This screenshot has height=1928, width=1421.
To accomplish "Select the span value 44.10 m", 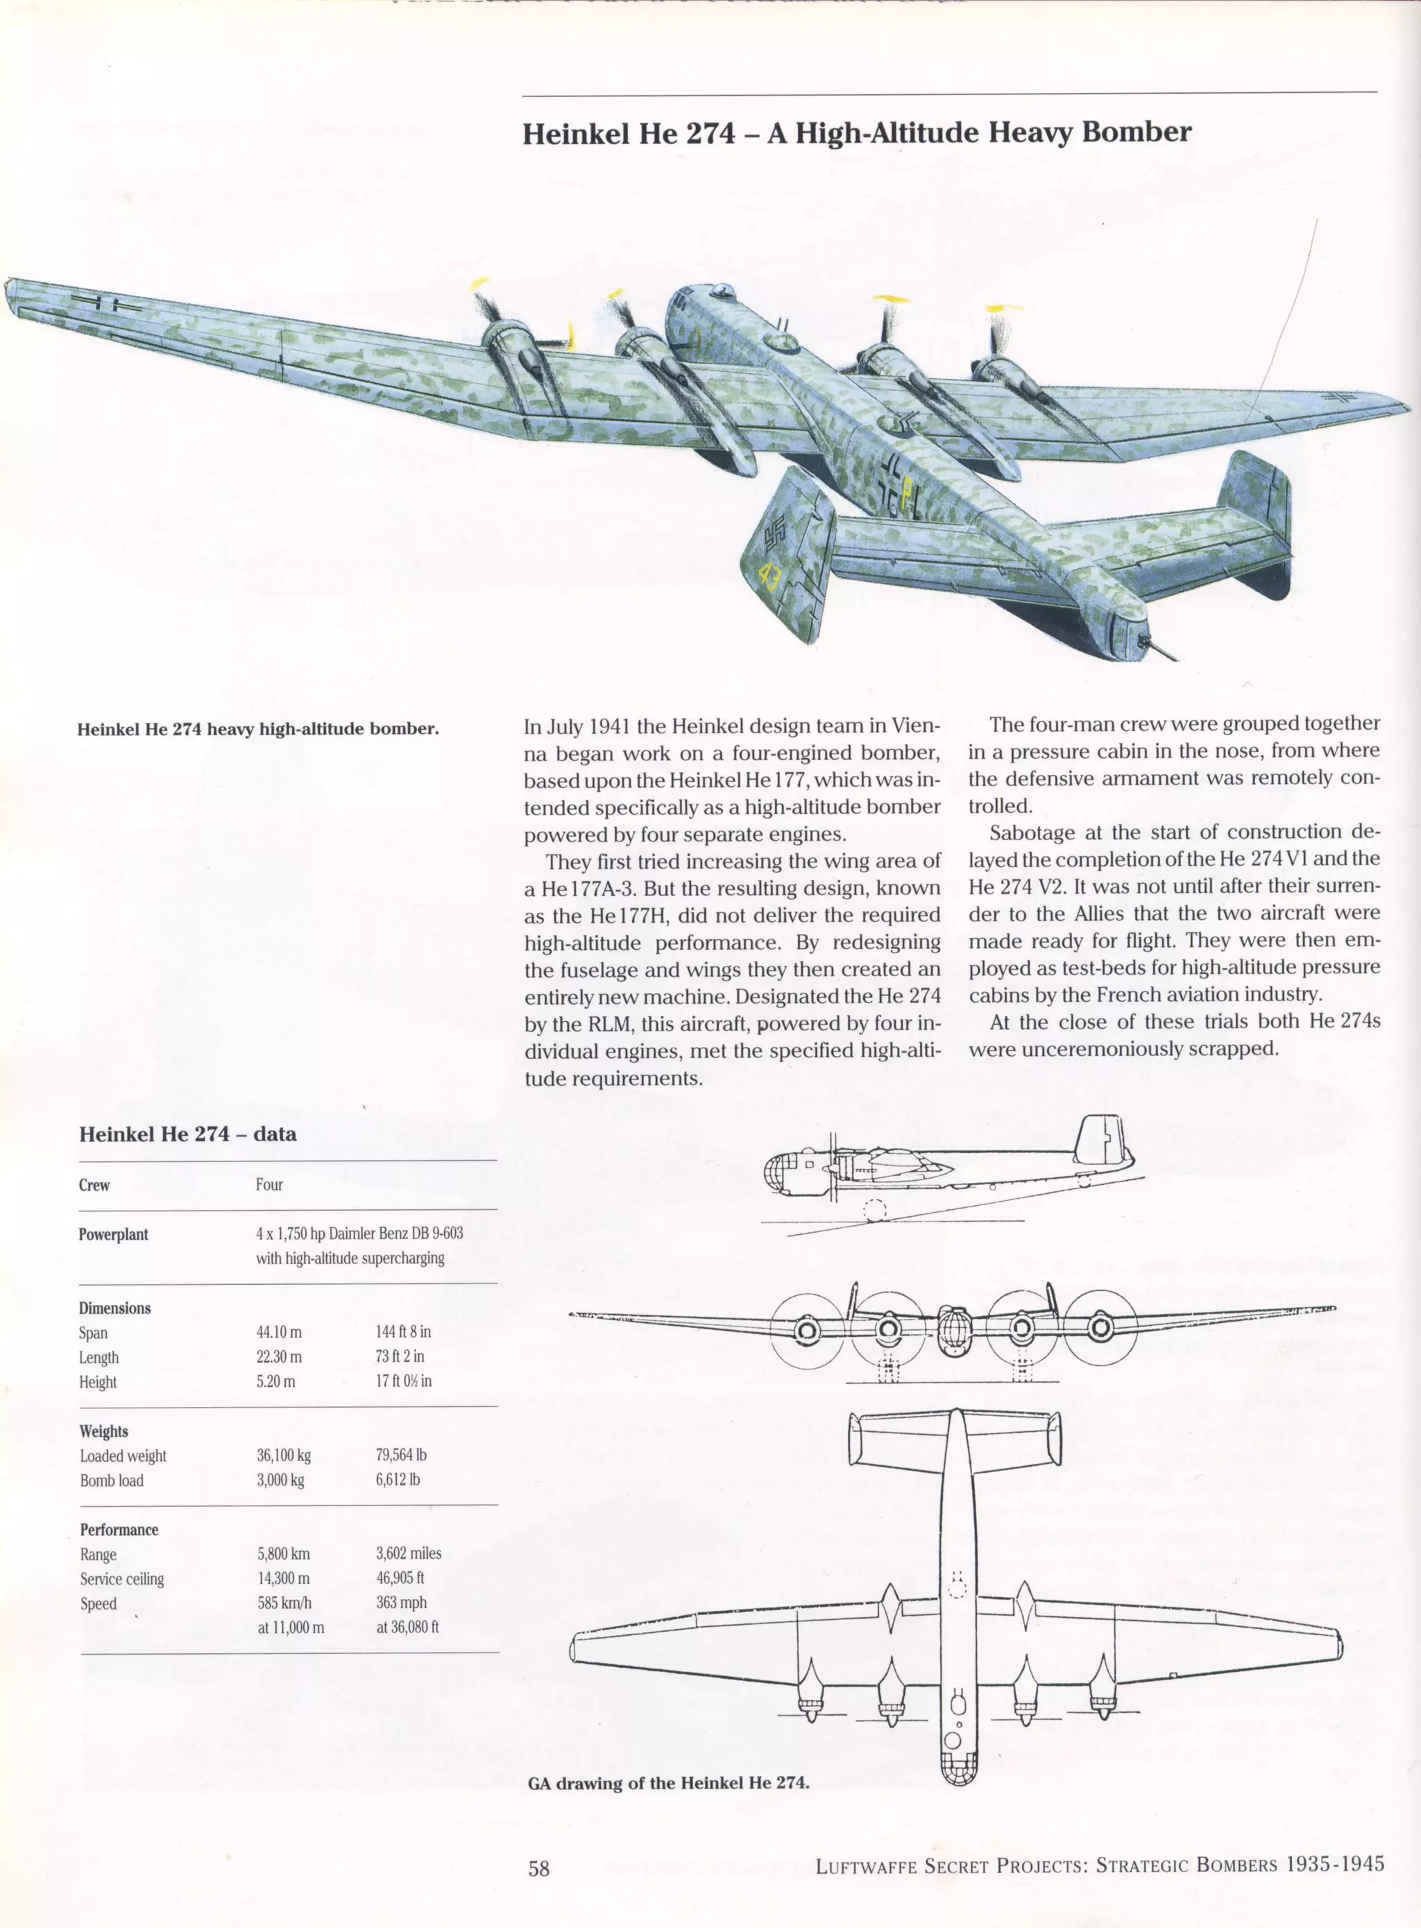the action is pos(279,1332).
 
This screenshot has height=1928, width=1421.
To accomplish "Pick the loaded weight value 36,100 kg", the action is pos(283,1455).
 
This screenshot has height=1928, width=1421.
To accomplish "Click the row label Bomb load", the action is pos(112,1480).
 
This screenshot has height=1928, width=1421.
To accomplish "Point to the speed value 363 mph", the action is pos(401,1602).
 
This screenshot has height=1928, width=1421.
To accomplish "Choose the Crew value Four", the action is pos(269,1184).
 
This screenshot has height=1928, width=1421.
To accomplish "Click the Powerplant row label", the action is pos(114,1234).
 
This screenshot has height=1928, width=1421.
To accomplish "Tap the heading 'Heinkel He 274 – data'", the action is pos(187,1134).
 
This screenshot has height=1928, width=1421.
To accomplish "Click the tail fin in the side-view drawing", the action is pos(1101,1142).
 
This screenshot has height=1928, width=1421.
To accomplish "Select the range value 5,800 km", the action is pos(283,1553).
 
